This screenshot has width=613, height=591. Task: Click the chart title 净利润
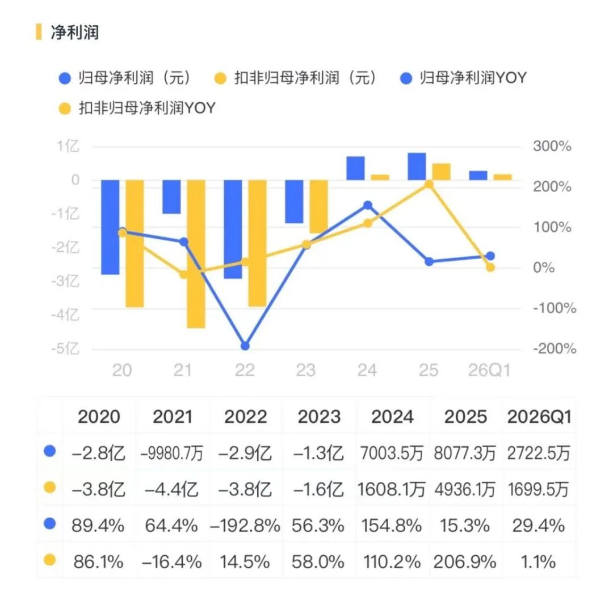coord(75,32)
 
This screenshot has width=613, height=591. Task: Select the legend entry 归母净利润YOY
coord(464,78)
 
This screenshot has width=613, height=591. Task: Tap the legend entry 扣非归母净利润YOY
coord(137,108)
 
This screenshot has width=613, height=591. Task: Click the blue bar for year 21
coord(171,197)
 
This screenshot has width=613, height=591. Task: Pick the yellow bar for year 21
coord(196,254)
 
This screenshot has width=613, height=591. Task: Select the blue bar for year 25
coord(417,167)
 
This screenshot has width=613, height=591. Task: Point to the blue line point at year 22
coord(245,346)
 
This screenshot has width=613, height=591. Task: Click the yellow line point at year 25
coord(429,184)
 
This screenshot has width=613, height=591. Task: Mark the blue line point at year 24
coord(367,205)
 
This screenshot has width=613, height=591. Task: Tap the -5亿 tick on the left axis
coord(65,348)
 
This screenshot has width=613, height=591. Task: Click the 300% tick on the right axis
coord(552,147)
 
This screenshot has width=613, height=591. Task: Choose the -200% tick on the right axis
coord(555,348)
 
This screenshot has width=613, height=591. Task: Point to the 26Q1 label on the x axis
coord(489,370)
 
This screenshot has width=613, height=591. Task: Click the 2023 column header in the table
coord(319,417)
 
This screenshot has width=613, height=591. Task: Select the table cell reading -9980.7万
coord(172,453)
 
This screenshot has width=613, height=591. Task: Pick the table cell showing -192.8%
coord(245,526)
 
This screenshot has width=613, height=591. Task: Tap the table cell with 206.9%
coord(465,562)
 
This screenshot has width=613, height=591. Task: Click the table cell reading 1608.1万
coord(391,489)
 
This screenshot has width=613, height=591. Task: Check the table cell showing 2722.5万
coord(538,453)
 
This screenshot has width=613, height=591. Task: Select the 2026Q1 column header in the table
coord(539,417)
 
